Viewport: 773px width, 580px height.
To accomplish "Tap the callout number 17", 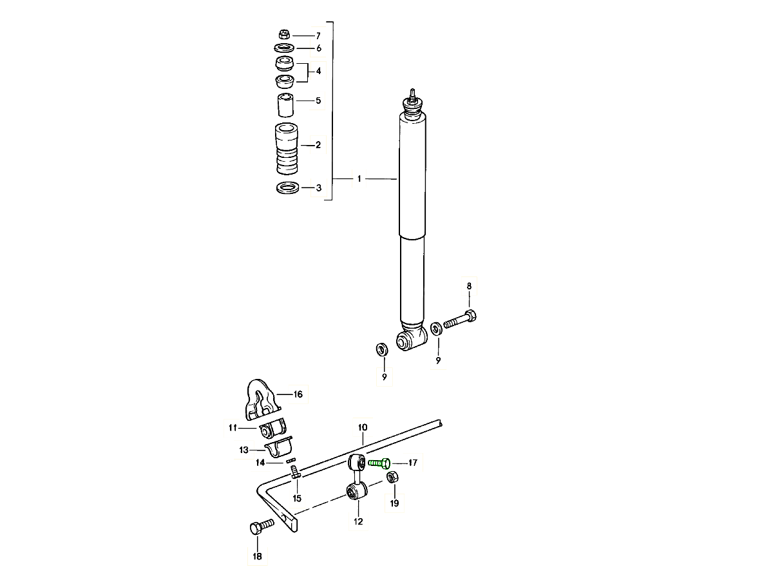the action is (x=412, y=462).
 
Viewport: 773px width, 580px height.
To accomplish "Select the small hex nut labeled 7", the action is (x=284, y=35).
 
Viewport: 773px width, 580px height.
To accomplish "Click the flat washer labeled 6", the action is (x=284, y=48).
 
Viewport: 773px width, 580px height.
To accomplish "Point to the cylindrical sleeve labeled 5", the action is (x=285, y=104).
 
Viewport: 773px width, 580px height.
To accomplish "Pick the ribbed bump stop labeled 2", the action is (x=287, y=148).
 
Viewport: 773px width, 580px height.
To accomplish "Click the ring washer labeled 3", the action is (x=288, y=188).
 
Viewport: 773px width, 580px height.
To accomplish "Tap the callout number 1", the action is (x=359, y=179).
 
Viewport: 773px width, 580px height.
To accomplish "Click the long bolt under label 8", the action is (x=460, y=319).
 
